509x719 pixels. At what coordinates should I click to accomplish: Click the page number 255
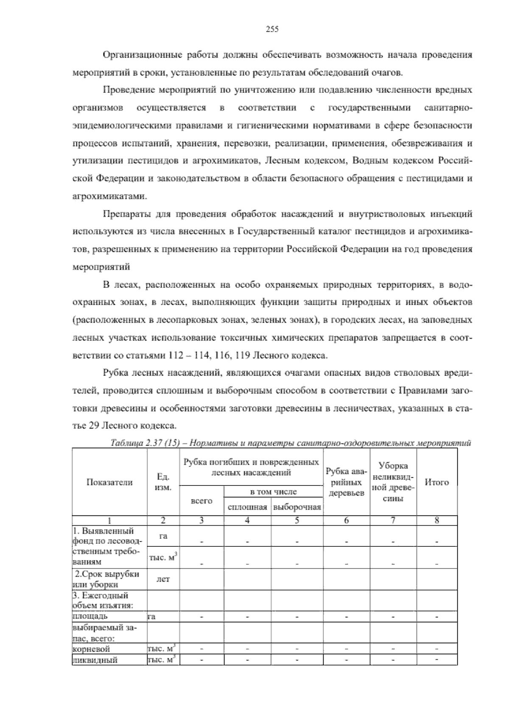(271, 29)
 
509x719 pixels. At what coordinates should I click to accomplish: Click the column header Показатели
(109, 482)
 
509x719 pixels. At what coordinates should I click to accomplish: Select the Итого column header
(437, 482)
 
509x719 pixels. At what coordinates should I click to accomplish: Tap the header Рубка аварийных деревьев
(347, 482)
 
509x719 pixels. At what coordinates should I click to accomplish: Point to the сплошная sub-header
(247, 507)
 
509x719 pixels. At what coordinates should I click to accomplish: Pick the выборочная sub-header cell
(297, 507)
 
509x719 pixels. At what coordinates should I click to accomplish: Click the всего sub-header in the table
(202, 501)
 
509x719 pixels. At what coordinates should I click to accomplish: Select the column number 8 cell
(437, 521)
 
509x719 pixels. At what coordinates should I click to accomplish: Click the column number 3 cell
(202, 521)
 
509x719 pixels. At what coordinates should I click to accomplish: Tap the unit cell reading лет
(163, 579)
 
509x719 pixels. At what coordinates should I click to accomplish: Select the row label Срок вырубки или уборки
(108, 579)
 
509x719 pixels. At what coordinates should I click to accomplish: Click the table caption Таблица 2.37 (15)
(144, 443)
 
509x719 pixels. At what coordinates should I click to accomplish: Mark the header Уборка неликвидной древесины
(393, 482)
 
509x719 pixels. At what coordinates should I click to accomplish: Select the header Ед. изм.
(163, 482)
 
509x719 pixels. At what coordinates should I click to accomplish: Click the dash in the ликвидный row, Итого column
(437, 660)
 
